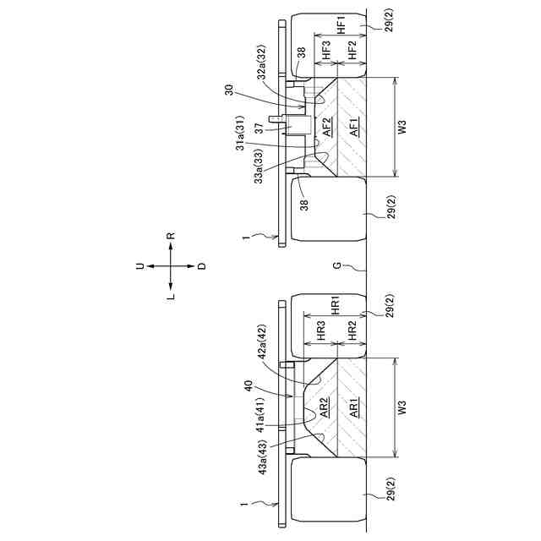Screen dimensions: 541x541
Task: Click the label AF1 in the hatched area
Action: pos(352,128)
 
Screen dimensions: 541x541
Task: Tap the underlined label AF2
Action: pos(326,128)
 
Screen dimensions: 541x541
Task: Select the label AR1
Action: pos(352,407)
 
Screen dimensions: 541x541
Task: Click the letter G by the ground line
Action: pos(336,266)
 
